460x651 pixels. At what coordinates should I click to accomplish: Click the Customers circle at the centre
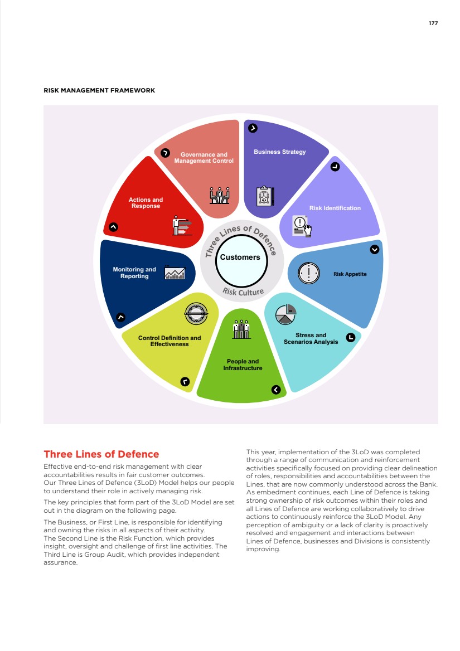pos(240,258)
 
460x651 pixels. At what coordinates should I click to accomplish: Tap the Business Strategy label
pos(279,152)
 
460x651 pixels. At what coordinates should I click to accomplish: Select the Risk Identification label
pos(335,208)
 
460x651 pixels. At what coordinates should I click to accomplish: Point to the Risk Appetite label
pos(350,274)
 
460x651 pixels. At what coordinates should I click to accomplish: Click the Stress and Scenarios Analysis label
pos(311,339)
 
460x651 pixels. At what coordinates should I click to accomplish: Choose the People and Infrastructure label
pos(243,365)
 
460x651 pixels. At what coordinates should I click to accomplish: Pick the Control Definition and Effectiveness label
pos(170,341)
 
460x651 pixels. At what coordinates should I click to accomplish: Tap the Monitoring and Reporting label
pos(134,273)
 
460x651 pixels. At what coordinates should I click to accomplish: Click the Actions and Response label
pos(146,203)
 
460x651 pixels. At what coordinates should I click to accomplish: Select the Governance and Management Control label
pos(204,158)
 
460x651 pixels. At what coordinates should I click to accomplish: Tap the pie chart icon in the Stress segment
pos(286,314)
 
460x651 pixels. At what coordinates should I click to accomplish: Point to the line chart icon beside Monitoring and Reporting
pos(175,273)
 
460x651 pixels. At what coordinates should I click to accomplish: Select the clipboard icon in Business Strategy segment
pos(265,197)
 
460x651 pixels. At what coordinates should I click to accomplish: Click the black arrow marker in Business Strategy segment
pos(253,128)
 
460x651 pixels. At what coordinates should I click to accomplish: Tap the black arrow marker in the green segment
pos(275,390)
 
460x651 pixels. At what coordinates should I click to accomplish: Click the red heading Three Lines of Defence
pos(101,454)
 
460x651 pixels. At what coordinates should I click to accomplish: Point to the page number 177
pos(433,23)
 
